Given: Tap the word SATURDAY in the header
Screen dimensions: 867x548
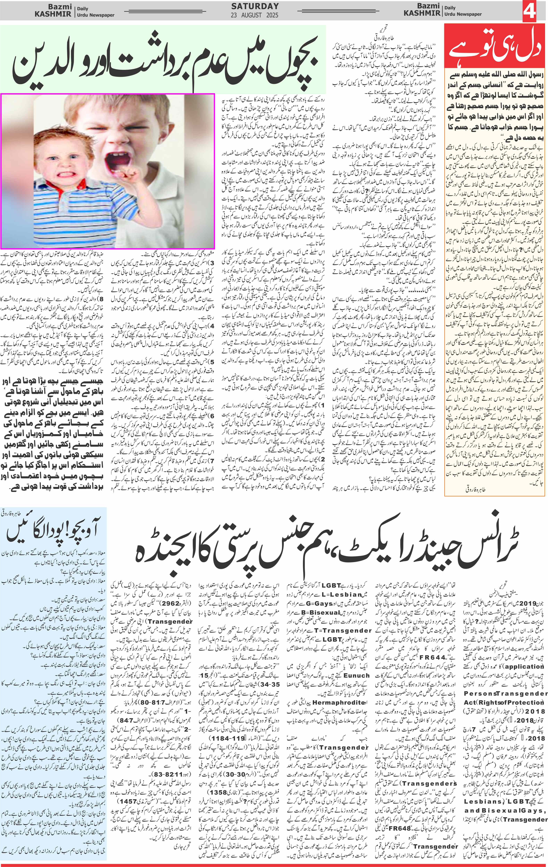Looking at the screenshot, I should click(255, 6).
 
